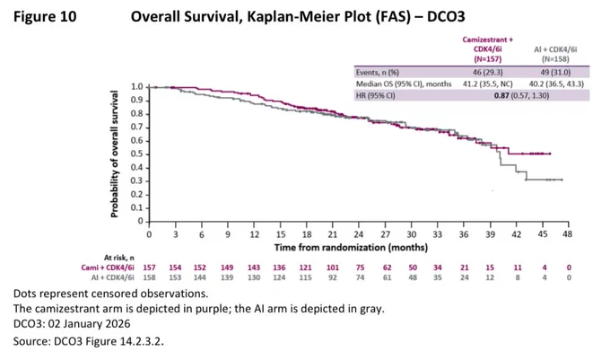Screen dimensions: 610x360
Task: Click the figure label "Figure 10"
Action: tap(45, 17)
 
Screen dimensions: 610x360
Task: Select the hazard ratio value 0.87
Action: tap(501, 95)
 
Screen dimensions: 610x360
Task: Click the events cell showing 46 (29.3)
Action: tap(487, 73)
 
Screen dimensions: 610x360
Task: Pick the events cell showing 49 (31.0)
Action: tap(555, 73)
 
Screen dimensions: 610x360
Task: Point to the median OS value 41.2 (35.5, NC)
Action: tap(487, 84)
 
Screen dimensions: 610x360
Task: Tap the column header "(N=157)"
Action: tap(487, 59)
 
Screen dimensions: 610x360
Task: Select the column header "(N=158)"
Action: tap(555, 59)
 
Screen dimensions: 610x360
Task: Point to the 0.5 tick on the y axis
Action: tap(137, 154)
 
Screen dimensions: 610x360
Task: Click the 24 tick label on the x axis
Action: tap(358, 234)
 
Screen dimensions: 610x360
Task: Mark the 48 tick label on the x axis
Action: tap(568, 234)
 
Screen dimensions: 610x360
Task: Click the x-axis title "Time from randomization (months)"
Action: tap(351, 248)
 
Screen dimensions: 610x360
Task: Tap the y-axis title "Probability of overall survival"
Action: tap(114, 154)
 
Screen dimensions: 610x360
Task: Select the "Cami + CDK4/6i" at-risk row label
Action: tap(108, 268)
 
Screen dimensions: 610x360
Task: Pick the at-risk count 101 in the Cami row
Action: tap(333, 268)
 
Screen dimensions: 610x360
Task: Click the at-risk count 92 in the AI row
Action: tap(333, 278)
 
